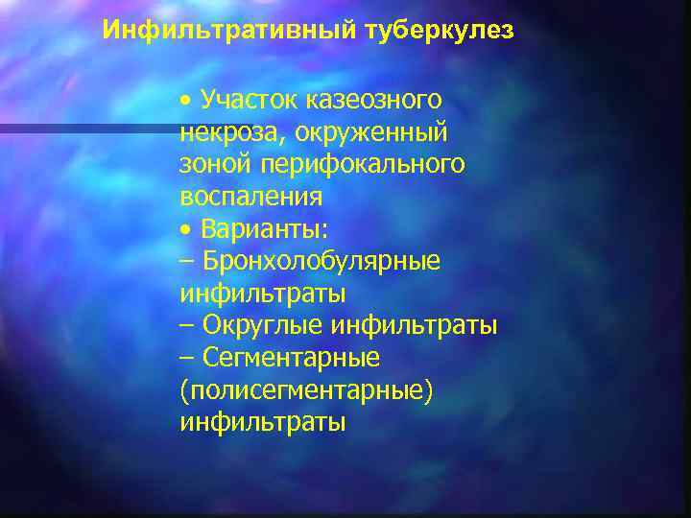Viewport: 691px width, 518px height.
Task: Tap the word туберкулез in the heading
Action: click(439, 31)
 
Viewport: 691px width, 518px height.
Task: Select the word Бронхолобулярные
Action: click(321, 261)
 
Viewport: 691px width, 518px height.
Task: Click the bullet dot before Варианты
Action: click(185, 229)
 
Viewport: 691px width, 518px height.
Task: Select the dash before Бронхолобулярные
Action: click(186, 261)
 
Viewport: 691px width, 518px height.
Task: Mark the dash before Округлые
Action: click(186, 326)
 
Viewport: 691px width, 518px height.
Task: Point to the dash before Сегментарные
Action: click(186, 359)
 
